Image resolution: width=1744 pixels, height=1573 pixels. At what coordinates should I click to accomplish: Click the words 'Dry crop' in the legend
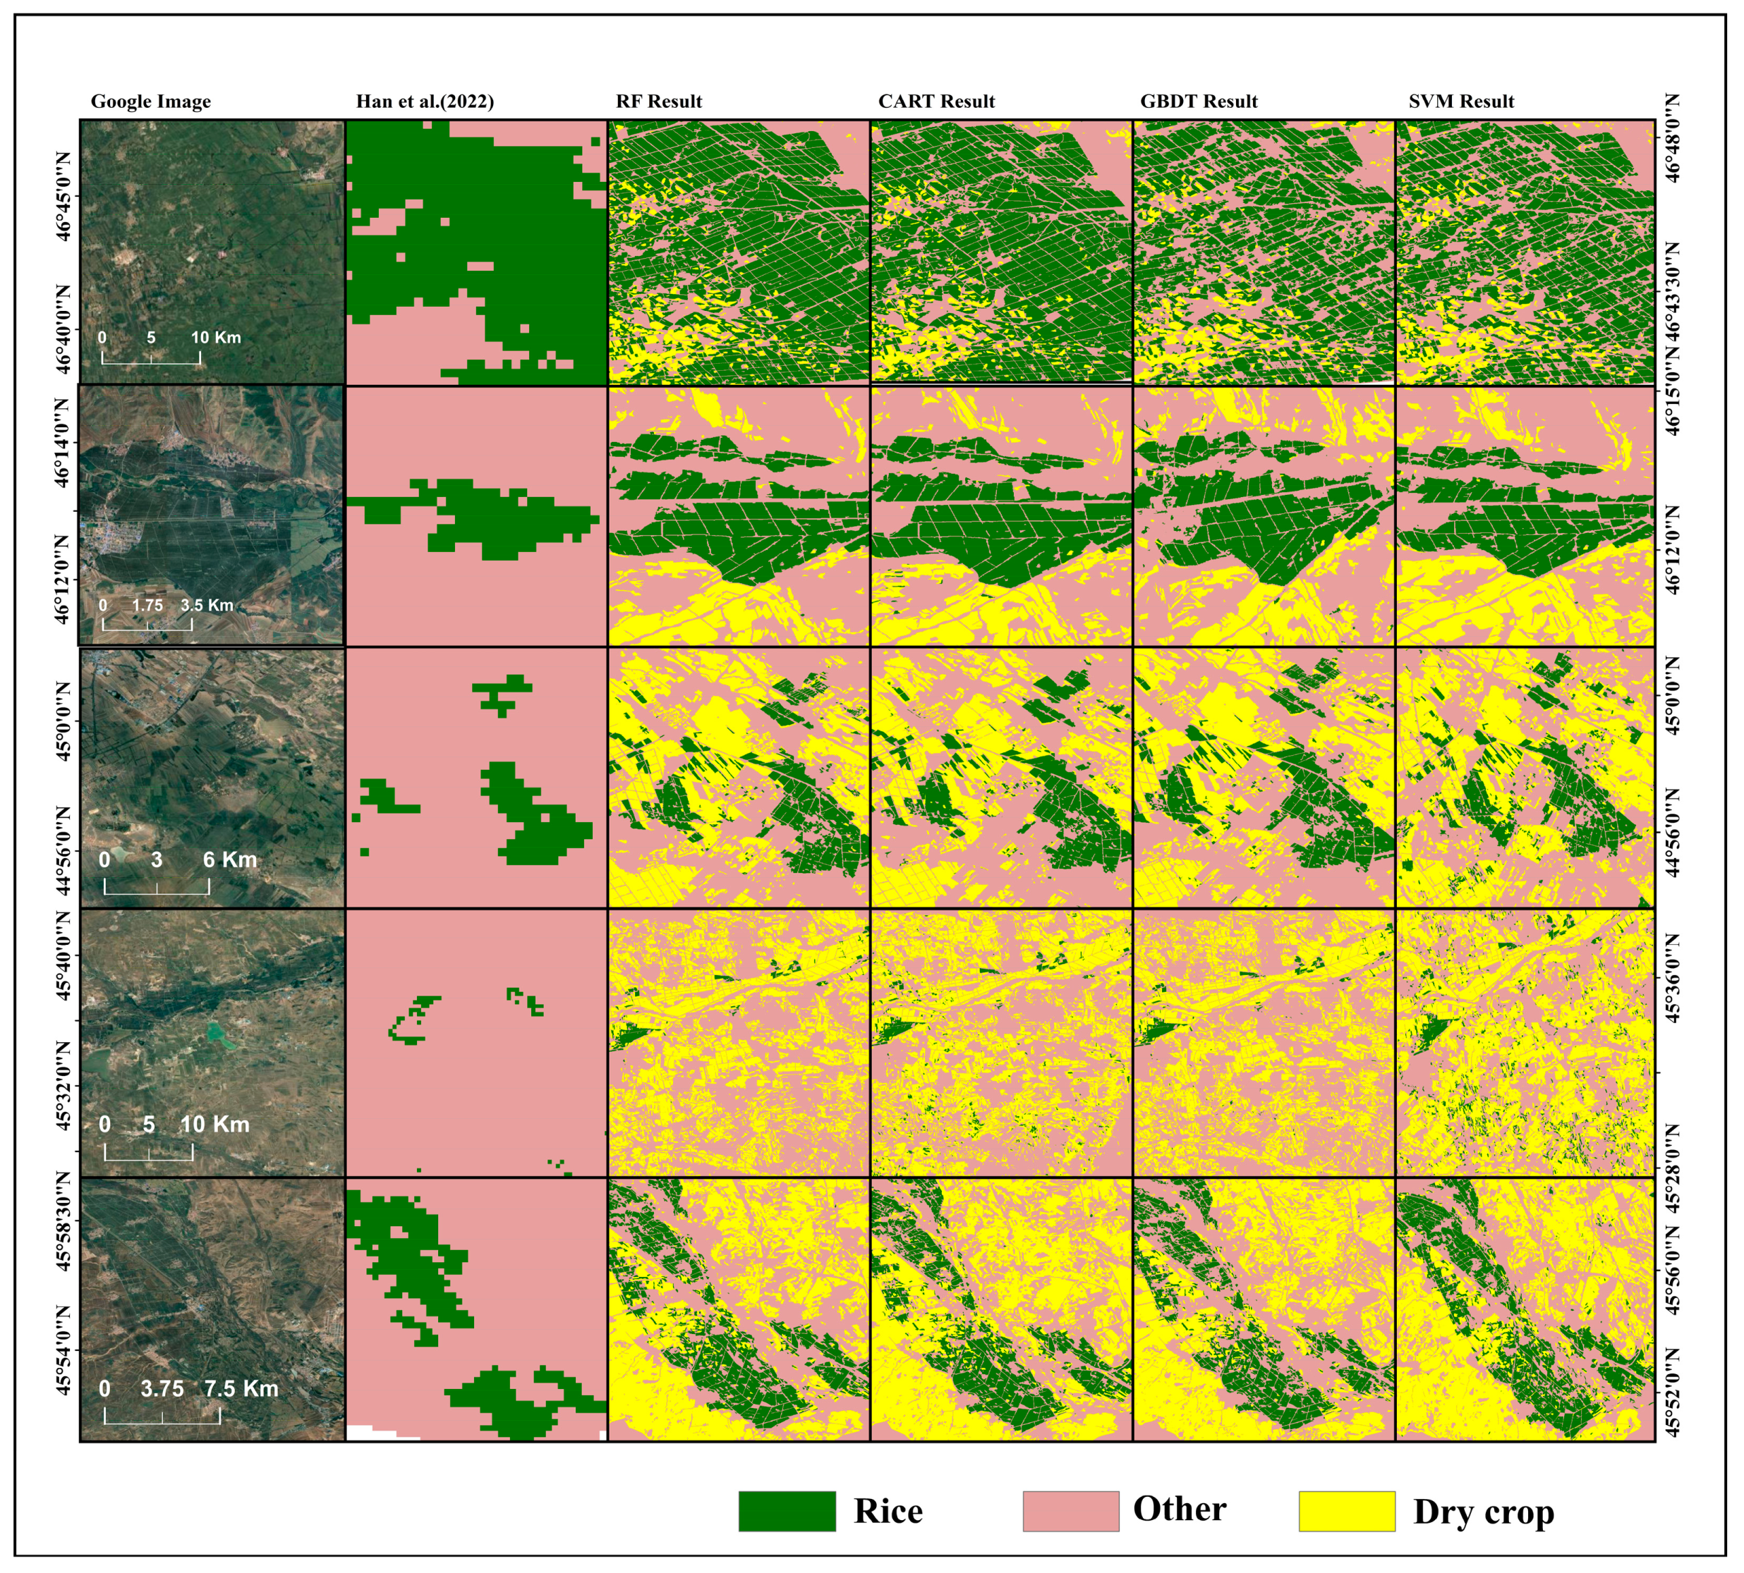tap(1483, 1511)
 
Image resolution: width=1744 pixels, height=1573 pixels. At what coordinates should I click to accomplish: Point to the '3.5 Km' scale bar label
tap(207, 605)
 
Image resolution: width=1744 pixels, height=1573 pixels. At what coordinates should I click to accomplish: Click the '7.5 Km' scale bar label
tap(241, 1388)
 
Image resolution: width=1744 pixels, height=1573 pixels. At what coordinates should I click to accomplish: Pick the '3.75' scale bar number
tap(162, 1388)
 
